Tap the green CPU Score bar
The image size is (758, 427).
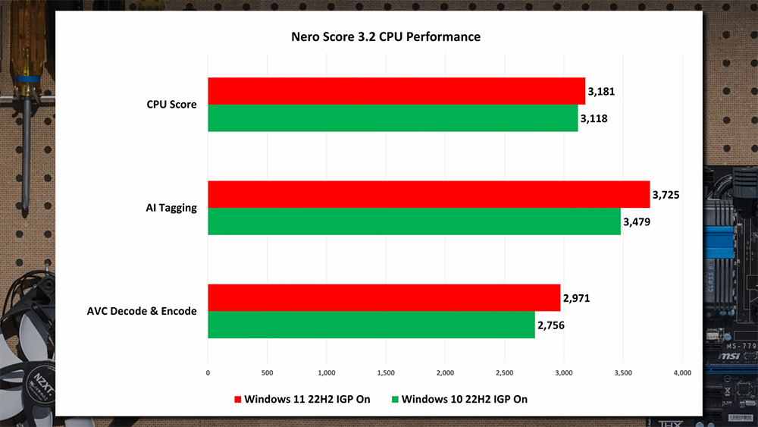pyautogui.click(x=393, y=118)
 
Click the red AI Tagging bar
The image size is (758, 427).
pyautogui.click(x=428, y=194)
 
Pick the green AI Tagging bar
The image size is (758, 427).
pyautogui.click(x=414, y=221)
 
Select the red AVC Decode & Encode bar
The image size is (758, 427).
pyautogui.click(x=384, y=297)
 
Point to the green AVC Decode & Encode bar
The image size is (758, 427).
pyautogui.click(x=371, y=325)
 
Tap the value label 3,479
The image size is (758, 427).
pyautogui.click(x=637, y=221)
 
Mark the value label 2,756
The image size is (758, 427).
pyautogui.click(x=551, y=325)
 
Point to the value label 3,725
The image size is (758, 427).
pyautogui.click(x=665, y=195)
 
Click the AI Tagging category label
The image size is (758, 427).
pyautogui.click(x=172, y=208)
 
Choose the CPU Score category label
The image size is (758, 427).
pyautogui.click(x=171, y=105)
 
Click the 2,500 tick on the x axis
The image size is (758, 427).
pyautogui.click(x=504, y=372)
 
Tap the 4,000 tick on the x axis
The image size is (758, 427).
pyautogui.click(x=681, y=372)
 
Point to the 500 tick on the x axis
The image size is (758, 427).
pyautogui.click(x=267, y=372)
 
